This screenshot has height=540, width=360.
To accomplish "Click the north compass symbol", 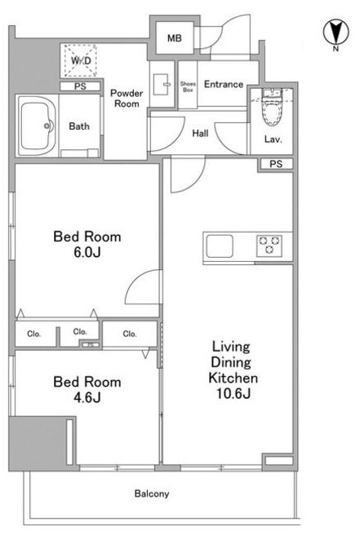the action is point(336,33).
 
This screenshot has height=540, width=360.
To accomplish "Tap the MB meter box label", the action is point(175,38).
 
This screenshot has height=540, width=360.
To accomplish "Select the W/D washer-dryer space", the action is point(81,60).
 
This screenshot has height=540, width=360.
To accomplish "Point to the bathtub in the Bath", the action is point(37,126).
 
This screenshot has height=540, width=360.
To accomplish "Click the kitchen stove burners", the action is point(269,246).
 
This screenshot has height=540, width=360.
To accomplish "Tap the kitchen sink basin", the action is point(220,246).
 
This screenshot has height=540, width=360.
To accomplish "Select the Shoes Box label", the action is point(188,86).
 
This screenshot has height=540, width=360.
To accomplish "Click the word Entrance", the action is point(224,84).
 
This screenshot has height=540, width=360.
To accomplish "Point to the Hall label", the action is point(200,133).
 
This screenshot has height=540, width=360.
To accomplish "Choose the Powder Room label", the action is point(127,99).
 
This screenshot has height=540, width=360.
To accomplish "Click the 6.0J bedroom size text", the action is point(87,252).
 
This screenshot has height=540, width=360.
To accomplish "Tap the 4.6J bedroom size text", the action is point(87,398).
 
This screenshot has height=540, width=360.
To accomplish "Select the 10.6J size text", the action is point(233,393).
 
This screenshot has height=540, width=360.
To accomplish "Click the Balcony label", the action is point(152,494).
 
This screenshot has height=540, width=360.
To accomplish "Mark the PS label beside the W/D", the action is point(80,86).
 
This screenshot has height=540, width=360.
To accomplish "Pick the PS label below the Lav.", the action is point(276,164).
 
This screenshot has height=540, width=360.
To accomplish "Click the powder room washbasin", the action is point(162,84).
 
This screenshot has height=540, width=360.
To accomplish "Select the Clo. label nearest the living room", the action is point(130,334).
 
